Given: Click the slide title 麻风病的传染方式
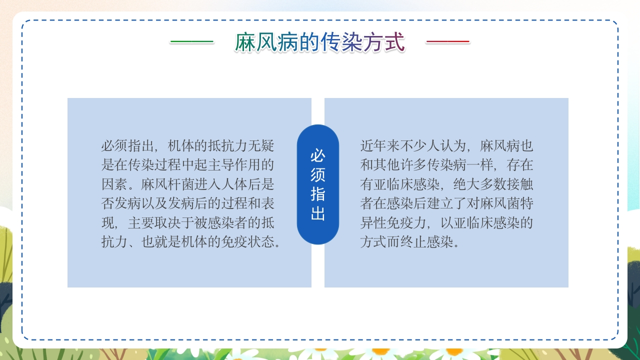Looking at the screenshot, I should click(x=320, y=42).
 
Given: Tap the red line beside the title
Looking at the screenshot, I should click(x=447, y=41).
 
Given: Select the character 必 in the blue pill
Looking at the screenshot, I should click(x=318, y=155).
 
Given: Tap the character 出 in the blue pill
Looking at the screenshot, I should click(x=318, y=213).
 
